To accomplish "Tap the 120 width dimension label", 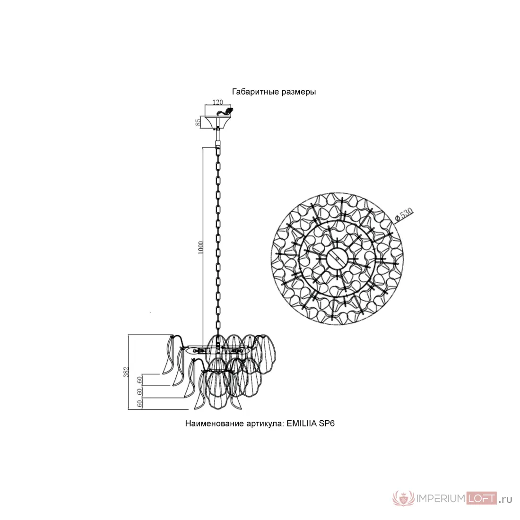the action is pos(217,102).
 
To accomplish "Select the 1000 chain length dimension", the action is pos(200,248).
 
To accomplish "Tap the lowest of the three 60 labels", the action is pos(139,403).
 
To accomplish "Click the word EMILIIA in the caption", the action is pos(302,424).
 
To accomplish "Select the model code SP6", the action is pos(327,424).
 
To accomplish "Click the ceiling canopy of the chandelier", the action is pos(217,121).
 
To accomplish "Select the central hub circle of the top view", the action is pos(337,259).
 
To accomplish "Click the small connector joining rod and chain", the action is pos(218,144).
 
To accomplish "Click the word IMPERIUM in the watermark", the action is pos(441,499).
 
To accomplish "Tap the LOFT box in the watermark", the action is pos(482,498).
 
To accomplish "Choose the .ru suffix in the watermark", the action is pos(505,500).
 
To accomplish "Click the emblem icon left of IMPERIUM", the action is pos(404,498).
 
